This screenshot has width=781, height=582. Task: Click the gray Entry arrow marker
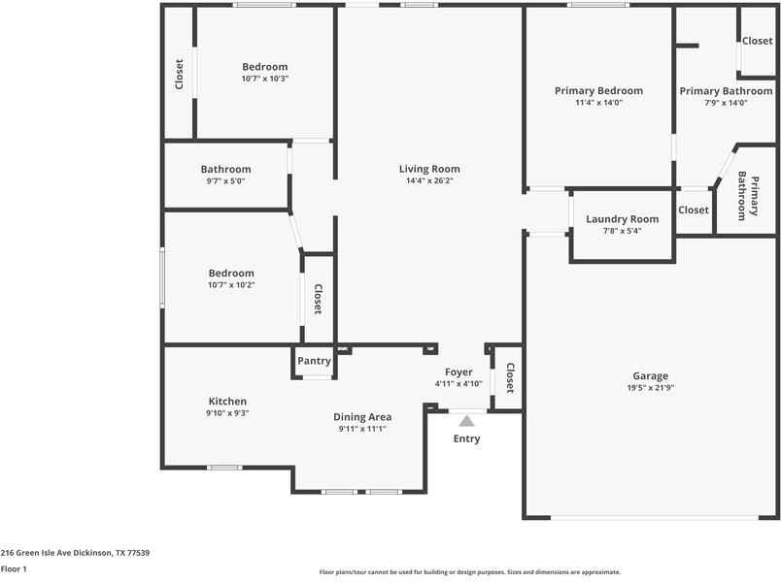[466, 421]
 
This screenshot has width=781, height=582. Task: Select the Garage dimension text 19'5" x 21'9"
[650, 388]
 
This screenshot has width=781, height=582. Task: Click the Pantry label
[314, 361]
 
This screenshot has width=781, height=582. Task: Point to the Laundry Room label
[622, 219]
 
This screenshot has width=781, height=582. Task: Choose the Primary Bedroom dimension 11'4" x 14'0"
[598, 102]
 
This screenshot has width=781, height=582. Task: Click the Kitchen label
[227, 401]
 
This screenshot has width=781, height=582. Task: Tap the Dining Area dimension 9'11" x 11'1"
[362, 429]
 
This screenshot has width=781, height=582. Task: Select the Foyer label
[458, 372]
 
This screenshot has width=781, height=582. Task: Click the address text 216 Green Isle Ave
[75, 552]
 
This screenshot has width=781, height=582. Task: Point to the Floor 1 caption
[14, 569]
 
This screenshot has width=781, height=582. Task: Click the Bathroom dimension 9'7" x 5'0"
[225, 180]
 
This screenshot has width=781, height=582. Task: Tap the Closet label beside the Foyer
[509, 377]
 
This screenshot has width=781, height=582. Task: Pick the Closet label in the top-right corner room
[757, 41]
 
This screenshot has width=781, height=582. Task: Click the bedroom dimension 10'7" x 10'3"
[265, 79]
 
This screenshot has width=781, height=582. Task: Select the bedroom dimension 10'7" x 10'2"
[230, 285]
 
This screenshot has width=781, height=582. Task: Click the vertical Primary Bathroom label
[747, 197]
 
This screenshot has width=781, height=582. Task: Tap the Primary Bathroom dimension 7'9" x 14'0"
[726, 102]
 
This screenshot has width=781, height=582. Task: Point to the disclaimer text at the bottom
[470, 572]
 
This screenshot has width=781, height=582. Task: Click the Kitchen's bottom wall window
[224, 468]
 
